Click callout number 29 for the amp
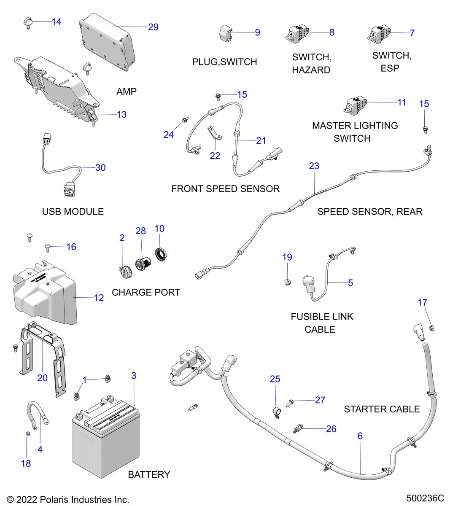tap(153, 27)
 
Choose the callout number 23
tap(314, 166)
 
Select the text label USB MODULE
tap(73, 212)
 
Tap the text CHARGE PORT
tap(146, 292)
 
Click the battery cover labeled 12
tap(44, 293)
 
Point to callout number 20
tap(43, 378)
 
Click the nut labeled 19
tap(287, 282)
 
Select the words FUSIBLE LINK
tap(322, 317)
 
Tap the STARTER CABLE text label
tap(382, 409)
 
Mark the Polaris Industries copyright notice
tap(68, 500)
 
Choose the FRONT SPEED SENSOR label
tap(225, 189)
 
